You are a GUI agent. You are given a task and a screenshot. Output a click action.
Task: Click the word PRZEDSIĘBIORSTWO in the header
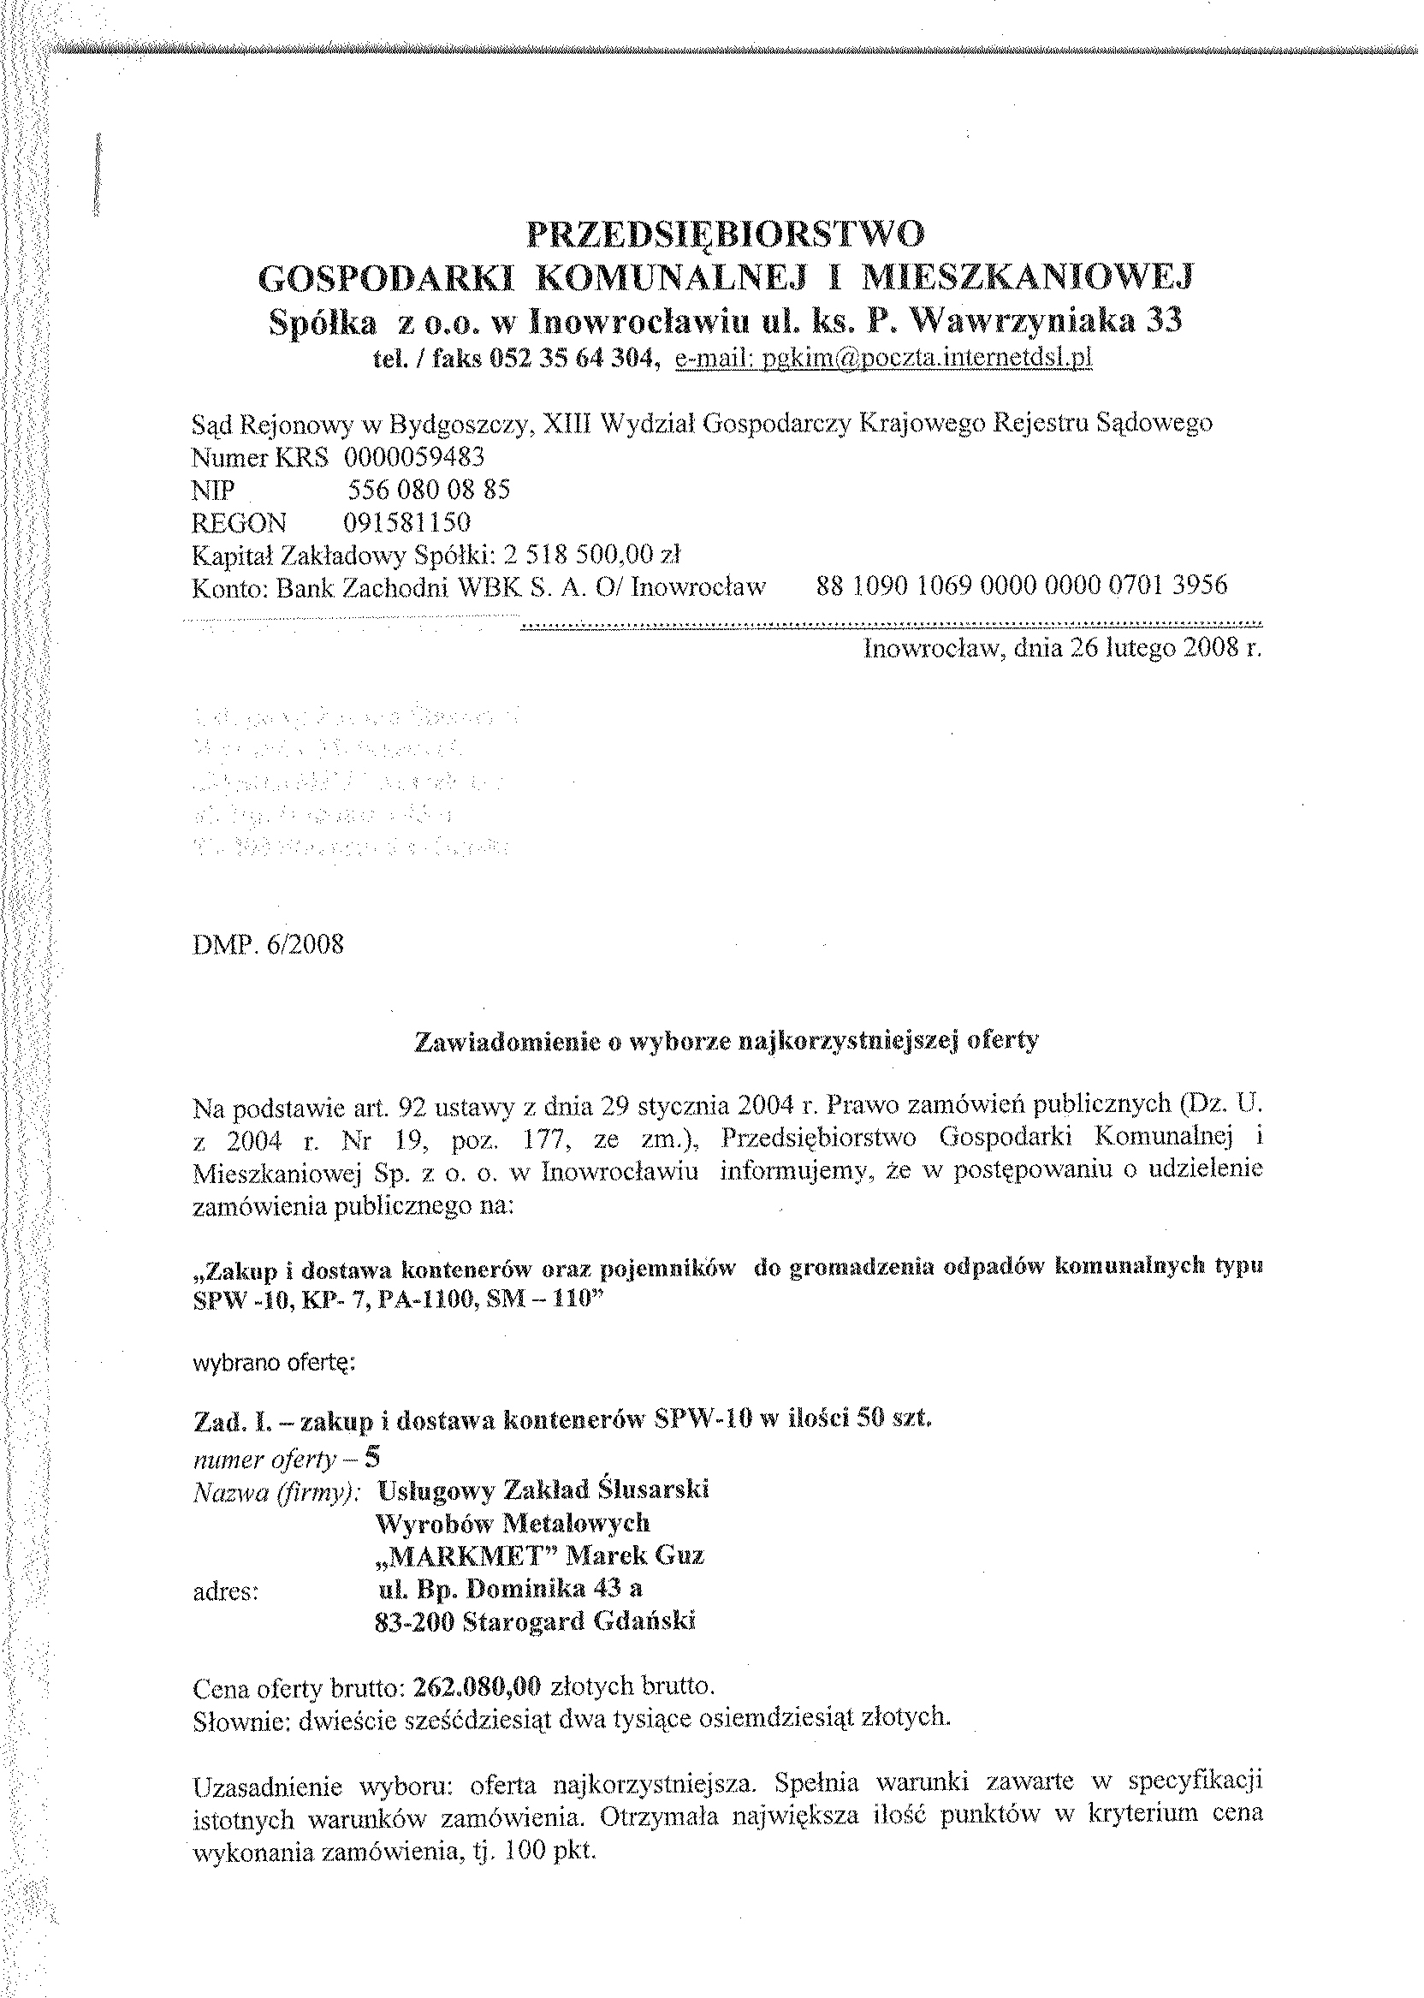click(x=725, y=235)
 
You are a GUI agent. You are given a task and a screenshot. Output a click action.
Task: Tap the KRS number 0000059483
click(x=414, y=457)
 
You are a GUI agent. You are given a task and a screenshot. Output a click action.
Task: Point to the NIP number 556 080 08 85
click(x=429, y=490)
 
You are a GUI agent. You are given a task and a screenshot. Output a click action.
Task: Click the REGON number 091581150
click(x=406, y=523)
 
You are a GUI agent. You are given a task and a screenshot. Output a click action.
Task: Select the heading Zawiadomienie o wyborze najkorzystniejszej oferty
click(x=726, y=1040)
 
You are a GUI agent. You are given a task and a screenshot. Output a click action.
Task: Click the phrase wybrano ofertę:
click(x=273, y=1364)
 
